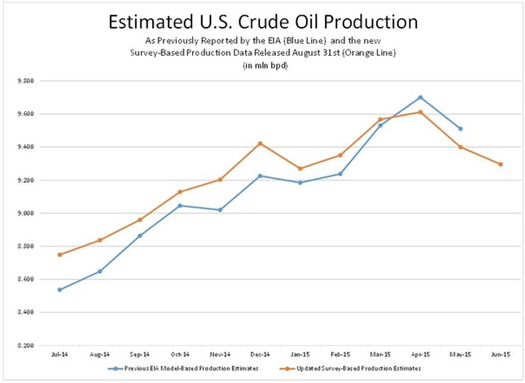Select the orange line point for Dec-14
pyautogui.click(x=260, y=144)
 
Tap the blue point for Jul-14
pyautogui.click(x=60, y=289)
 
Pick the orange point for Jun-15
pyautogui.click(x=501, y=164)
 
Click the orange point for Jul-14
pyautogui.click(x=60, y=254)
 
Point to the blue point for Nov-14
pyautogui.click(x=220, y=210)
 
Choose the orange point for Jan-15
pyautogui.click(x=300, y=169)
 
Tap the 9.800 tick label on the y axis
pyautogui.click(x=27, y=81)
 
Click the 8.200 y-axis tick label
pyautogui.click(x=27, y=345)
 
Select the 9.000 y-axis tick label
pyautogui.click(x=27, y=213)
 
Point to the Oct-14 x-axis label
pyautogui.click(x=180, y=354)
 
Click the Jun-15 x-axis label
pyautogui.click(x=501, y=354)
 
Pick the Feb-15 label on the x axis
pyautogui.click(x=340, y=354)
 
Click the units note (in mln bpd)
pyautogui.click(x=262, y=64)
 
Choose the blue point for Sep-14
pyautogui.click(x=140, y=236)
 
